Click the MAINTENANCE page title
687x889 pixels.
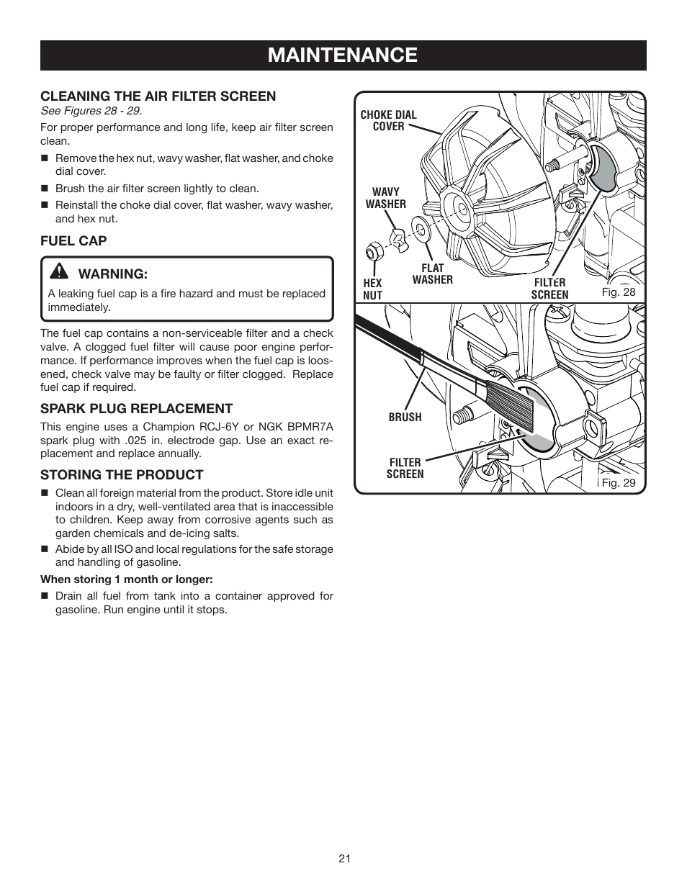(342, 55)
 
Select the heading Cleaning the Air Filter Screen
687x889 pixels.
(158, 96)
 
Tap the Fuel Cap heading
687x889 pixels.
(73, 240)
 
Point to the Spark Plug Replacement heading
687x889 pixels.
(136, 408)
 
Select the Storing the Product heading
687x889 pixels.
(122, 474)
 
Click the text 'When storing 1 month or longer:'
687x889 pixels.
(127, 579)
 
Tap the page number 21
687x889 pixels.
(343, 858)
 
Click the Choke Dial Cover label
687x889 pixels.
(388, 120)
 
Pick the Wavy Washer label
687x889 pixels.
(385, 198)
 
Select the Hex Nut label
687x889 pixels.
(372, 289)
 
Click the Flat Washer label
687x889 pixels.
(432, 274)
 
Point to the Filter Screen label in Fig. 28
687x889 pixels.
(549, 288)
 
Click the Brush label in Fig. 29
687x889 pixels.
(405, 417)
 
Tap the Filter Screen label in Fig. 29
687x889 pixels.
(405, 468)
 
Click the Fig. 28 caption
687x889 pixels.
(619, 292)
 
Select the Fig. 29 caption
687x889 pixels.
(619, 482)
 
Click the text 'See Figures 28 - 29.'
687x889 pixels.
(91, 111)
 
